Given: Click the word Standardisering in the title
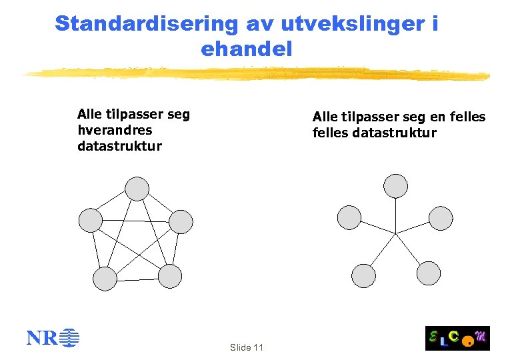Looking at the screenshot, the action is (x=146, y=23).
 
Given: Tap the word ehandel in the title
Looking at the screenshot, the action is (x=246, y=49).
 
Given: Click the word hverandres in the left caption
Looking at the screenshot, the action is (x=115, y=130).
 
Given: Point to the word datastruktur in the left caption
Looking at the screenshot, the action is (x=119, y=146).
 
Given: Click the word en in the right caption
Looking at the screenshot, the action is (x=437, y=117).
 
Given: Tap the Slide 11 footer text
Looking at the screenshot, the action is (x=246, y=347).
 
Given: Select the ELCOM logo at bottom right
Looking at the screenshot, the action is (x=457, y=338).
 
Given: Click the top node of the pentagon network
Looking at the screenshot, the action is (x=137, y=189).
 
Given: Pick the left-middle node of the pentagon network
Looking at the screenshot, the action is (x=91, y=221).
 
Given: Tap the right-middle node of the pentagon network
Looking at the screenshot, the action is (x=181, y=221).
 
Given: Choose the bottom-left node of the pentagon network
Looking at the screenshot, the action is (x=105, y=279).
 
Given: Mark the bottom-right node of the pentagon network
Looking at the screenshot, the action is (x=170, y=277).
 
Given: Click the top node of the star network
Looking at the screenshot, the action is (x=396, y=185).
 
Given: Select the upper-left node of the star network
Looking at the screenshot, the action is (x=349, y=217).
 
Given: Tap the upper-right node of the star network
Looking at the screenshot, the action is (x=441, y=217).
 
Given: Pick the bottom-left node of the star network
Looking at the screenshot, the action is (x=363, y=275).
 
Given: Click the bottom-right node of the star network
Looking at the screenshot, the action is (x=429, y=273).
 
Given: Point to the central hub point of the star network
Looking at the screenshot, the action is (x=396, y=233).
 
